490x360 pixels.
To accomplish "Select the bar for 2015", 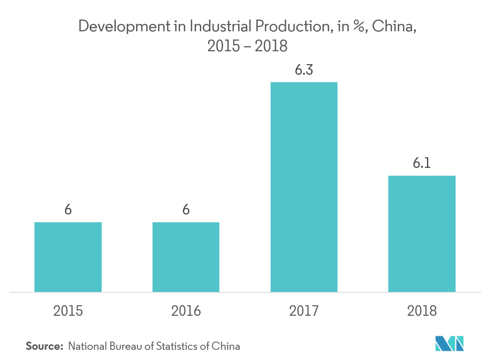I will tap(68, 257).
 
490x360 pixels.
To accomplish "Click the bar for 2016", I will tap(186, 257).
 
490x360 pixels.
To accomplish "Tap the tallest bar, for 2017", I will tap(304, 187).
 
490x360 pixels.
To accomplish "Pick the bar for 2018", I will tap(422, 234).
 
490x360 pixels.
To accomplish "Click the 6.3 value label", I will tap(304, 71).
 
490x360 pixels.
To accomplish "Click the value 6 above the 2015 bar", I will tap(68, 210).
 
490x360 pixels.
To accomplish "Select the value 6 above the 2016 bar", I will tap(186, 210).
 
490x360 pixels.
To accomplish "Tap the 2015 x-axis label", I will tap(68, 311).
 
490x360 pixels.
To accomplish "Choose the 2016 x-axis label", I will tap(186, 311).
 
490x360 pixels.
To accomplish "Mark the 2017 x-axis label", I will tap(304, 311).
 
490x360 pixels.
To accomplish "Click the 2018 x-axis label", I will tap(422, 311).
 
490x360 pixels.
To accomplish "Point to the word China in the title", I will tap(392, 27).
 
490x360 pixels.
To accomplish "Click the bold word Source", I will tap(44, 346).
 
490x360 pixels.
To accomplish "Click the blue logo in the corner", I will tap(449, 343).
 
